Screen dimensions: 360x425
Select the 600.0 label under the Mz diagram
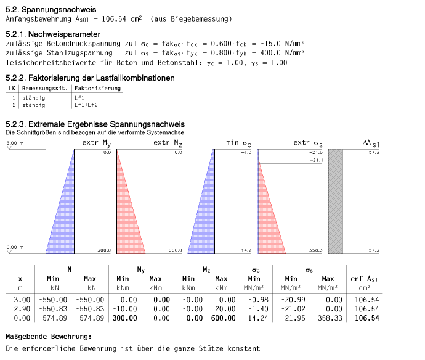coord(175,250)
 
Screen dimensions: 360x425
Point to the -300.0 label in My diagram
coord(103,250)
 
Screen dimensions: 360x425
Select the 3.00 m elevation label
coord(15,143)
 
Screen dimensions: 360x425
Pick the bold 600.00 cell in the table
coord(222,318)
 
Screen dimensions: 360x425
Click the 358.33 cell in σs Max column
coord(328,318)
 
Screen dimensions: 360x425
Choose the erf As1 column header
coord(365,279)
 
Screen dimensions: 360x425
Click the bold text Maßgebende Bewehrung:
coord(48,337)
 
